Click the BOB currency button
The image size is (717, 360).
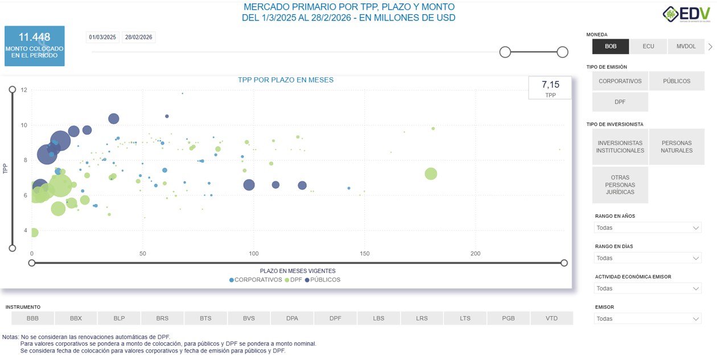tap(611, 46)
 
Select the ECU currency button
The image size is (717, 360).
tap(648, 46)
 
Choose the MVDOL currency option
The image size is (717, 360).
tap(686, 46)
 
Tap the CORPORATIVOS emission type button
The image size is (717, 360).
tap(620, 81)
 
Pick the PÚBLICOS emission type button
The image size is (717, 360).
tap(677, 81)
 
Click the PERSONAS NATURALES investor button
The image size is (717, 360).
tap(677, 147)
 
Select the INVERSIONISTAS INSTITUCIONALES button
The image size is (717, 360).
tap(620, 147)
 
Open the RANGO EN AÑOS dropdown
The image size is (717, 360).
tap(648, 227)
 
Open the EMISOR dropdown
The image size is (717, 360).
tap(648, 319)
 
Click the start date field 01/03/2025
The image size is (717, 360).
tap(102, 38)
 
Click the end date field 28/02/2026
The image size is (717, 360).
tap(139, 38)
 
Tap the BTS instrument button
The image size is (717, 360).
tap(205, 318)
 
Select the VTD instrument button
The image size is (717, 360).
tap(551, 318)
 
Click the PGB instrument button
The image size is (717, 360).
tap(508, 318)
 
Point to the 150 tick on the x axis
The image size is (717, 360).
tap(365, 254)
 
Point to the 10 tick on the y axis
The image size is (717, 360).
tap(24, 125)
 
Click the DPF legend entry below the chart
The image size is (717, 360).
tap(294, 280)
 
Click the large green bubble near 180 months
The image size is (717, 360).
tap(431, 174)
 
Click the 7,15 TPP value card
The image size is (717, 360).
tap(550, 88)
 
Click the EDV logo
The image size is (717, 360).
tap(686, 14)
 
